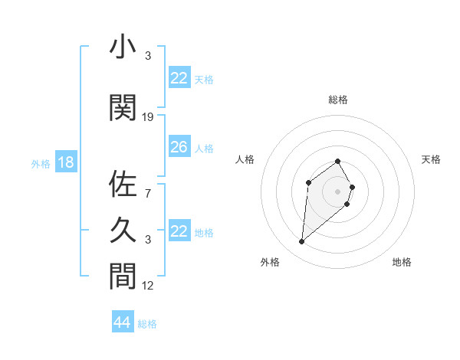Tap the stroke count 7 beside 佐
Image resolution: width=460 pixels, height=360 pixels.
tap(148, 194)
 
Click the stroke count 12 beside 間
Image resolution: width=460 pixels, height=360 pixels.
tap(148, 286)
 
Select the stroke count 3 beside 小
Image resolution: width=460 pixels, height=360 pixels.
tap(148, 56)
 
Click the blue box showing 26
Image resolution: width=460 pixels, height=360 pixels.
tap(179, 147)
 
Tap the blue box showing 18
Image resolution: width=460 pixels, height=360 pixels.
tap(65, 162)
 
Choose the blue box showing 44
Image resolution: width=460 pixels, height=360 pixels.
tap(122, 322)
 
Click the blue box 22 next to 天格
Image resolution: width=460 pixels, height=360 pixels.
tap(179, 78)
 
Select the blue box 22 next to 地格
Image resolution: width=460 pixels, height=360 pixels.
tap(179, 231)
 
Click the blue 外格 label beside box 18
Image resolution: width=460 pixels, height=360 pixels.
tap(41, 164)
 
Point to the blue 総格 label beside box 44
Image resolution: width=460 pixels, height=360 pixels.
tap(147, 324)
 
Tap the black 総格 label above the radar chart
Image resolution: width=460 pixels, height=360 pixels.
tap(337, 100)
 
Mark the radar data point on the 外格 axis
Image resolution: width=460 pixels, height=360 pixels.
tap(302, 242)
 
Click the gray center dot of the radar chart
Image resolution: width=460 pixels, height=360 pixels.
tap(337, 191)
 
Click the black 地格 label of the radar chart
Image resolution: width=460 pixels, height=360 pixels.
tap(402, 262)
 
